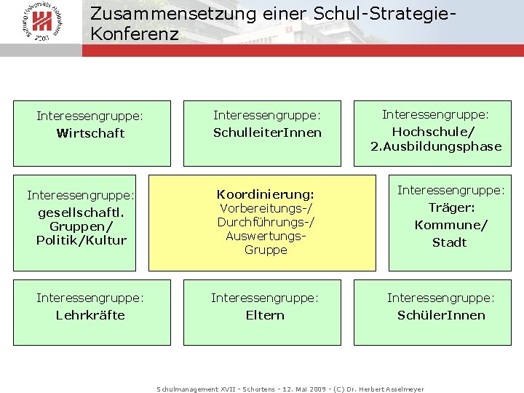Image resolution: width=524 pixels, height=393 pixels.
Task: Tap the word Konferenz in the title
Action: coord(135,33)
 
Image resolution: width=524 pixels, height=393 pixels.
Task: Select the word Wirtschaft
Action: coord(90,133)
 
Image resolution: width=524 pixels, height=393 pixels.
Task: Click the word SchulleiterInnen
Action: coord(266,132)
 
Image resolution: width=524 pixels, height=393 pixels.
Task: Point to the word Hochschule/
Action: coord(433,132)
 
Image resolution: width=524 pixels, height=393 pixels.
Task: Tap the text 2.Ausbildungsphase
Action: coord(436,146)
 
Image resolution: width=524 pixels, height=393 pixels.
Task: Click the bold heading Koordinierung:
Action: coord(266,194)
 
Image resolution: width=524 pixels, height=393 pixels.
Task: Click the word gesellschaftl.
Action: coord(81,213)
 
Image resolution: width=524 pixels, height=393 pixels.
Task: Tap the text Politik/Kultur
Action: coord(81,240)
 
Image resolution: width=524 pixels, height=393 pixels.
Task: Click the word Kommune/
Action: coord(450,225)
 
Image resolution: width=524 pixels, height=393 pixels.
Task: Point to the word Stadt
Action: coord(449,242)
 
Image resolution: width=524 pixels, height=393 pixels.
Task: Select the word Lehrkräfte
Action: coord(90,315)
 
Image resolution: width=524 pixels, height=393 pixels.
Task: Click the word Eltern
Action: coord(265,315)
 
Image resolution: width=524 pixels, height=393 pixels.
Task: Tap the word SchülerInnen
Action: coord(441,315)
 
